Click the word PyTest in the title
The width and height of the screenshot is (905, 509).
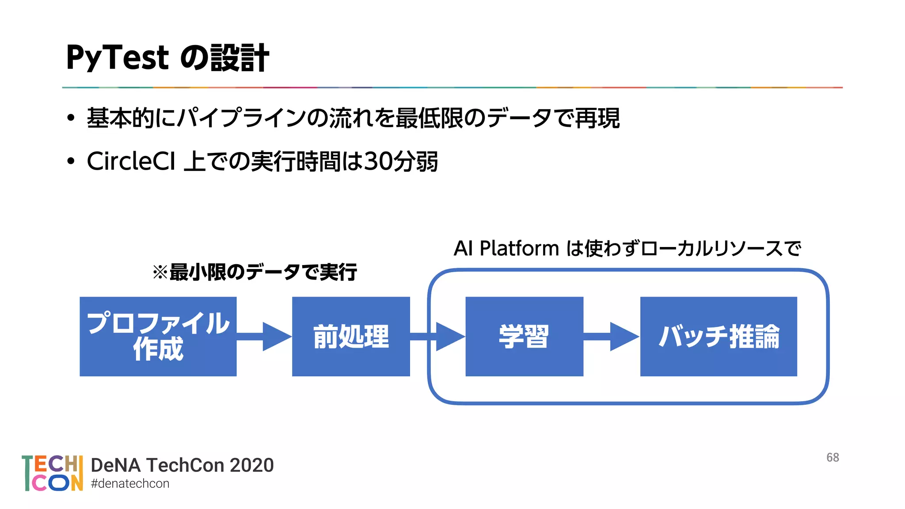[118, 58]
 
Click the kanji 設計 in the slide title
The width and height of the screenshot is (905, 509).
[239, 58]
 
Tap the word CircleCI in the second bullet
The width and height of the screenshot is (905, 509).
[131, 161]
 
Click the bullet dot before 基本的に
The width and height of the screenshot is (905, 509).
[71, 118]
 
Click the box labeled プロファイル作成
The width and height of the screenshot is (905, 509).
[158, 336]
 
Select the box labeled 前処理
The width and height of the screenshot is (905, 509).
[351, 336]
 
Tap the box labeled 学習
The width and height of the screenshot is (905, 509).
[524, 336]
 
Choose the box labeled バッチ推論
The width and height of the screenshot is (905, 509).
[718, 336]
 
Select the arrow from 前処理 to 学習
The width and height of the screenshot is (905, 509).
[437, 336]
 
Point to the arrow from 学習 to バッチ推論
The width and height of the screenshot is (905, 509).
[612, 336]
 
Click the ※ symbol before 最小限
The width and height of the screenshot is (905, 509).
[160, 272]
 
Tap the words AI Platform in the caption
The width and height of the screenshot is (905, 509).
[506, 248]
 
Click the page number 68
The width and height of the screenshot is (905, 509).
[833, 457]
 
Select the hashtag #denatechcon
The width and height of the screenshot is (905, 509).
[130, 483]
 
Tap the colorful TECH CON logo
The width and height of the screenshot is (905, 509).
[52, 473]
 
